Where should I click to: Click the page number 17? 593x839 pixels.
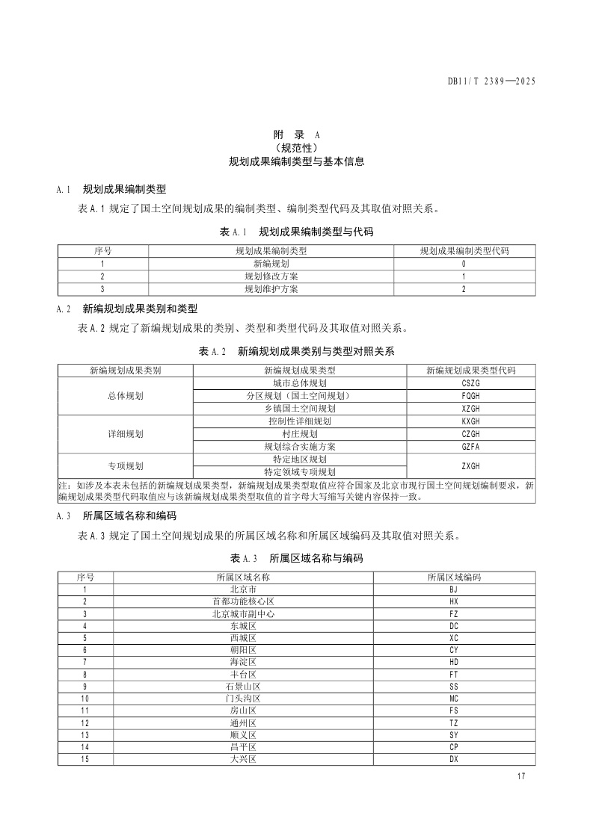pos(521,778)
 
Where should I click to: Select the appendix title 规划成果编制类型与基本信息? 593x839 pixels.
pos(296,161)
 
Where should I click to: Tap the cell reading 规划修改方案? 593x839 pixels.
pos(271,276)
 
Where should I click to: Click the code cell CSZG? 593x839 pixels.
pos(470,383)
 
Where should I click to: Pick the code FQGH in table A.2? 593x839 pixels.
pos(470,396)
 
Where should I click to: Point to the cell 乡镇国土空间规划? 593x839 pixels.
pos(300,409)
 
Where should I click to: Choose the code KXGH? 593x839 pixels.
pos(470,421)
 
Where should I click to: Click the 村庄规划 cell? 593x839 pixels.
pos(300,434)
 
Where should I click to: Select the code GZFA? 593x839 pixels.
pos(470,447)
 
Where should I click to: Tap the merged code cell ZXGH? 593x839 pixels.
pos(470,465)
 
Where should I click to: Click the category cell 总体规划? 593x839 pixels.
pos(125,396)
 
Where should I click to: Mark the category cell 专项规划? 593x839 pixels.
pos(125,465)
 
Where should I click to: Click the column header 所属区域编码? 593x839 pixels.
pos(454,578)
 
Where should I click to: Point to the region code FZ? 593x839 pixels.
pos(454,614)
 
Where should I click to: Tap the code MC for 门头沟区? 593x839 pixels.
pos(454,699)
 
